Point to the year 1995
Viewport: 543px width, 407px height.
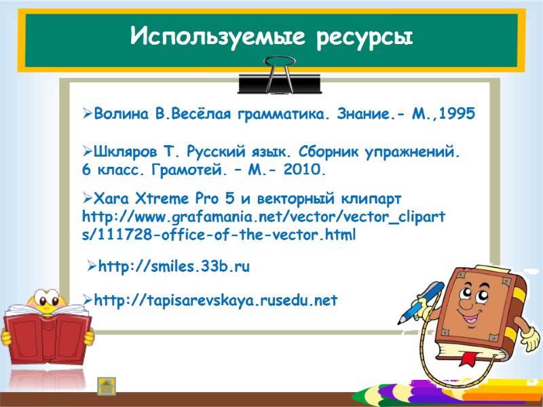coord(457,115)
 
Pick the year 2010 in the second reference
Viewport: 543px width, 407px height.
coord(305,169)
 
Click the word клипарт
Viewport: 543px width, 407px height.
coord(371,199)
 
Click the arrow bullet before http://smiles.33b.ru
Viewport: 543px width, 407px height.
coord(92,267)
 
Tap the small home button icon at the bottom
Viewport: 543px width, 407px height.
coord(107,386)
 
